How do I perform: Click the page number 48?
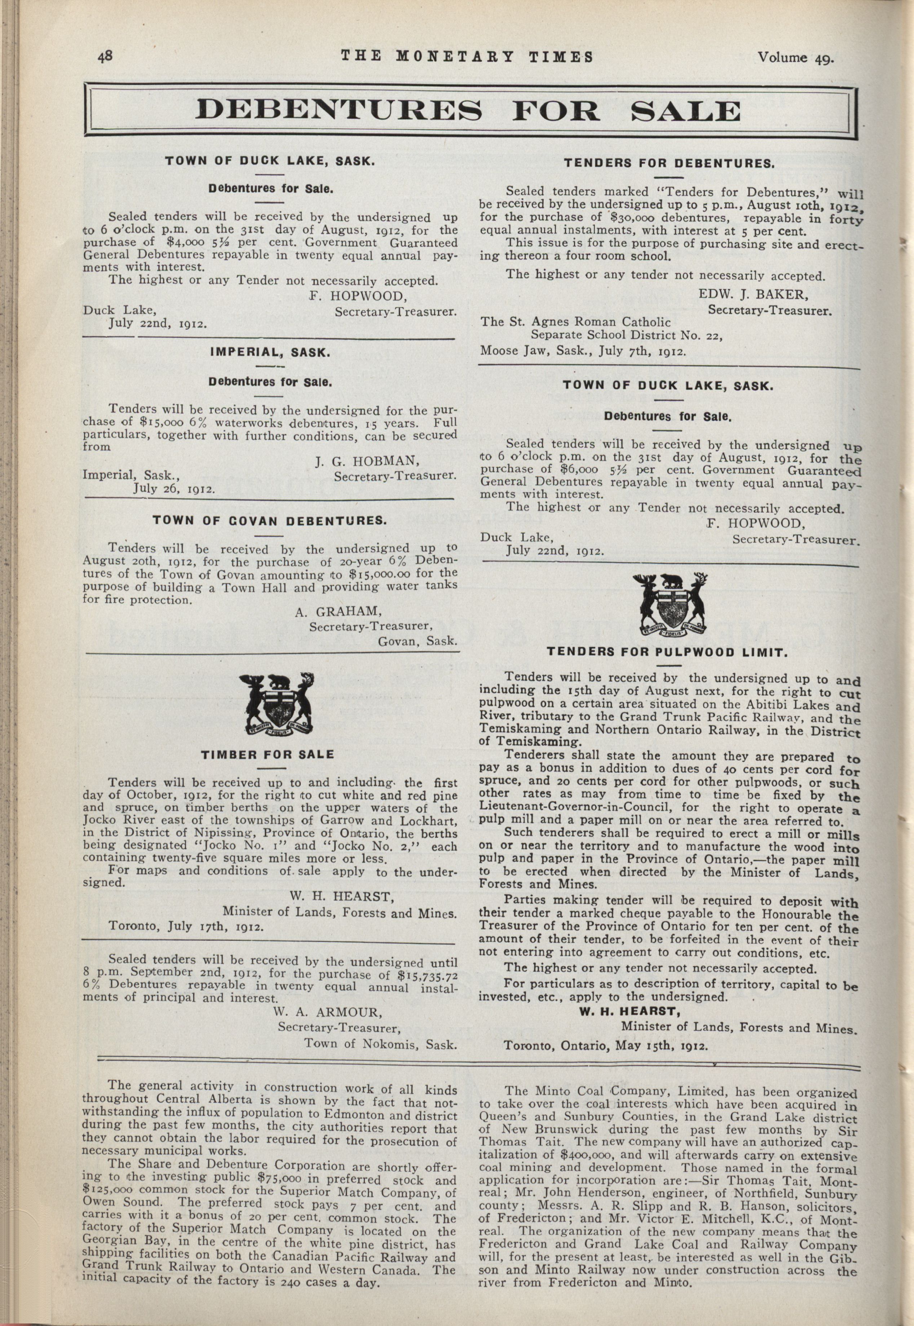[105, 56]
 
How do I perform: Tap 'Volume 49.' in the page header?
[795, 57]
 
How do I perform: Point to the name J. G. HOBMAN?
[367, 461]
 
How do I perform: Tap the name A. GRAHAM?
[339, 612]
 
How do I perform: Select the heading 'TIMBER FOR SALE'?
[268, 754]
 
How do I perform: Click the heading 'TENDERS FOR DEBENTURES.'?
[669, 163]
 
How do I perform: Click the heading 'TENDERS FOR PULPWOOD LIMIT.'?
[667, 652]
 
